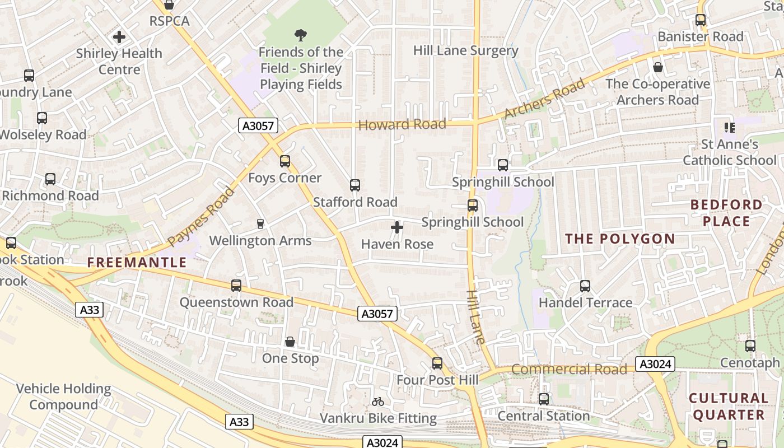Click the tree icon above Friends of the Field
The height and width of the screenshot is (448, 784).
click(301, 35)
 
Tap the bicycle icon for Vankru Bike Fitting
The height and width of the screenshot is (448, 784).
click(378, 402)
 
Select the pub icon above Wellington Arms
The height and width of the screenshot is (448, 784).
click(260, 224)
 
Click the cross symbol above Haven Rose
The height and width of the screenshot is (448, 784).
click(397, 227)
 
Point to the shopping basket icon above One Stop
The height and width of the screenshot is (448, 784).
click(290, 342)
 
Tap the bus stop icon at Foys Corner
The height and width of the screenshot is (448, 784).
click(285, 161)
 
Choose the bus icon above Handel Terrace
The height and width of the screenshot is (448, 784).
click(585, 286)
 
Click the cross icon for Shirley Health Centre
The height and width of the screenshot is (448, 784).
click(119, 37)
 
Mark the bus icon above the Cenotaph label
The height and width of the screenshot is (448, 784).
click(750, 346)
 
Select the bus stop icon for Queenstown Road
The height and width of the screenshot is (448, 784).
click(236, 286)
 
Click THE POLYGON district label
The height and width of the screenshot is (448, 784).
click(620, 239)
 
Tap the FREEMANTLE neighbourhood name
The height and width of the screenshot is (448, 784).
click(137, 263)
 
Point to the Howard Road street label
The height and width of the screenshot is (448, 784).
click(402, 124)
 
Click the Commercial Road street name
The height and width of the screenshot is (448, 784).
click(569, 369)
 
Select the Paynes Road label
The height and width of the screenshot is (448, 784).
click(201, 217)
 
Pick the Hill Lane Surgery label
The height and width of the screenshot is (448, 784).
click(466, 50)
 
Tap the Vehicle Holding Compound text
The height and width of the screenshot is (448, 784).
click(64, 396)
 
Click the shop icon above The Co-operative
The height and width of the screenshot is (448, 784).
click(658, 67)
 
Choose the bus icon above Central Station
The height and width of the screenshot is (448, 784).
click(544, 399)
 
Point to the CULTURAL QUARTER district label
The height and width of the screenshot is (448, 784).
click(729, 407)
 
